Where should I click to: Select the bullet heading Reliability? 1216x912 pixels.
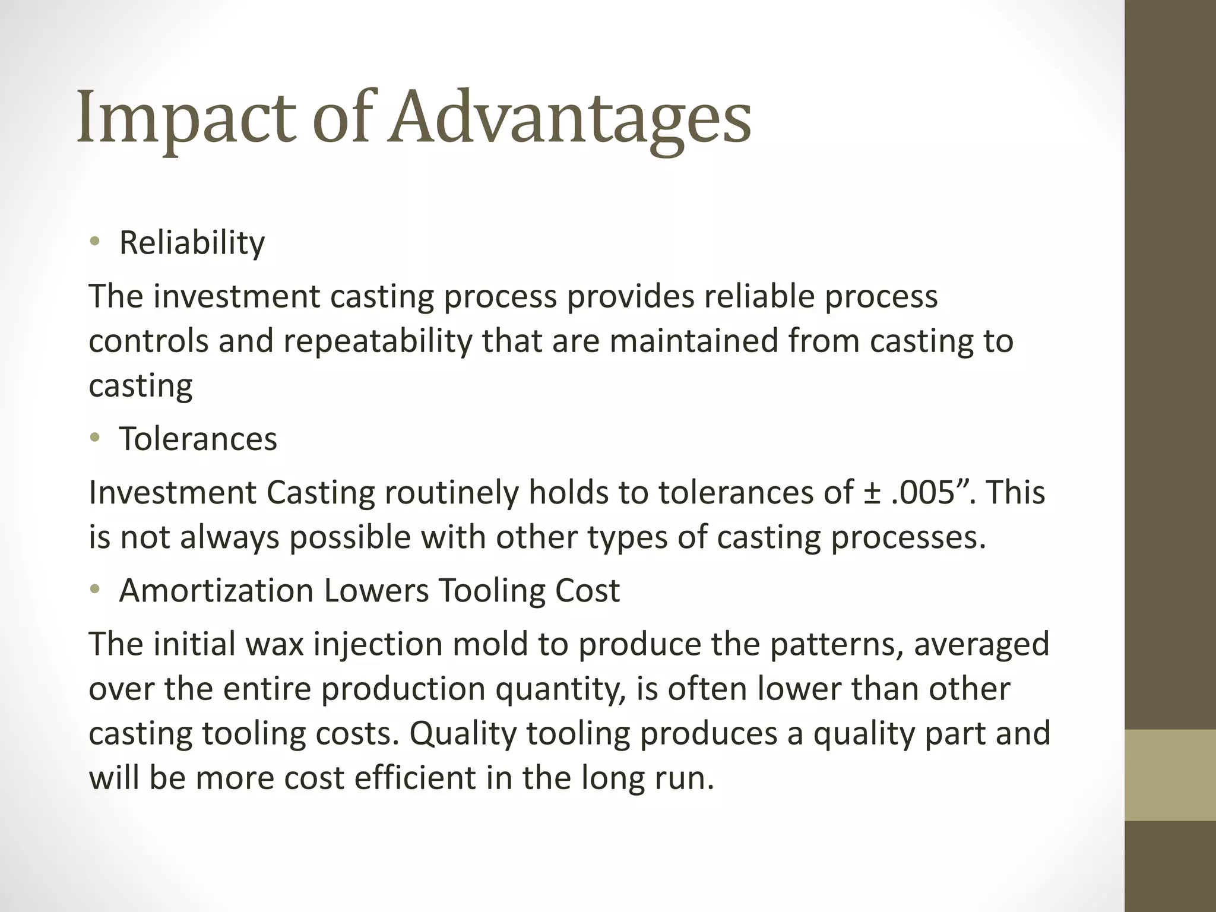[x=192, y=243]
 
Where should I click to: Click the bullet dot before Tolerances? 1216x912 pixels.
[x=94, y=439]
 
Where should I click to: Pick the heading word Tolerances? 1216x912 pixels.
[x=198, y=439]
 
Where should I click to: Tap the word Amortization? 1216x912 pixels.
[x=216, y=591]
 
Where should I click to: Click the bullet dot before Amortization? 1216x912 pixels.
[x=94, y=590]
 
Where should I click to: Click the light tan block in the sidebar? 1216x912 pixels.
[x=1170, y=775]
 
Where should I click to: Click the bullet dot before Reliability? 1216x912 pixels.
[x=94, y=242]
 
